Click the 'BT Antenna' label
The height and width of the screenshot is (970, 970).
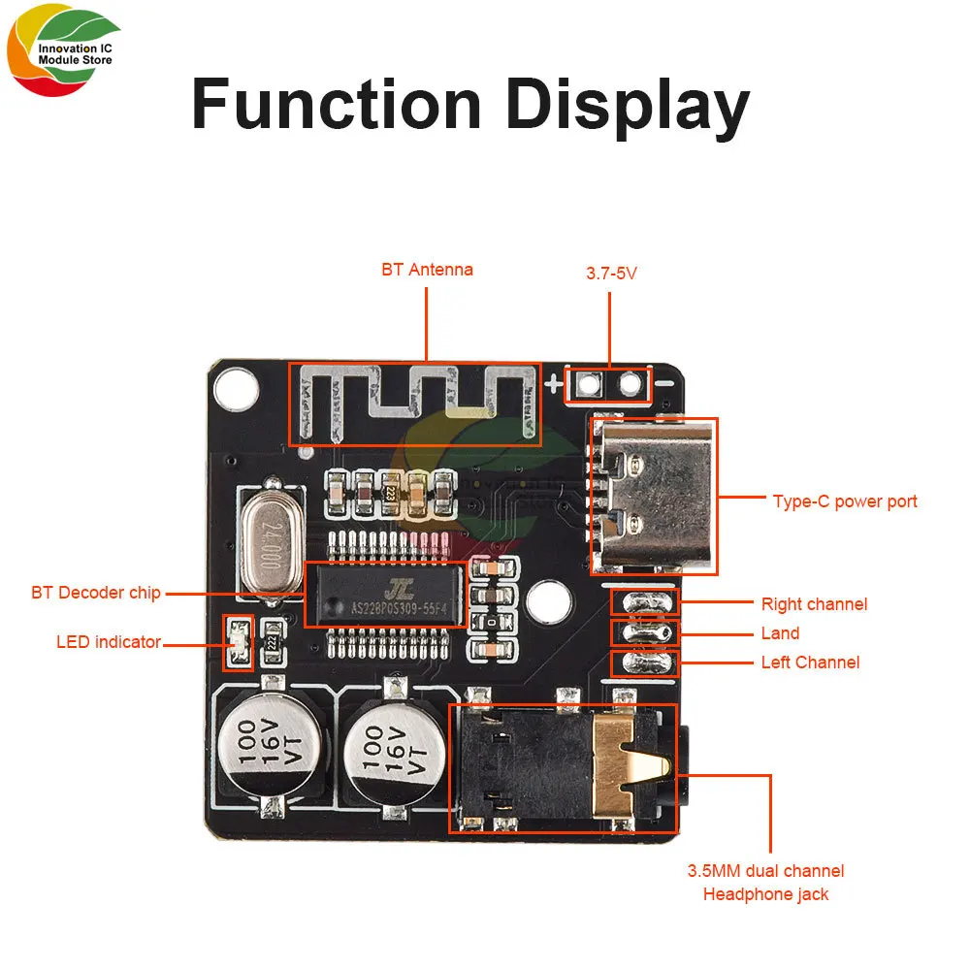(427, 270)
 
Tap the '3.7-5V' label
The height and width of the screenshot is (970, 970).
(611, 274)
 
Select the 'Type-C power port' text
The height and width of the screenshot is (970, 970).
(844, 501)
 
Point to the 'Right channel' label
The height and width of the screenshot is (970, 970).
(814, 604)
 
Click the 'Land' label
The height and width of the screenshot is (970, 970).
(780, 633)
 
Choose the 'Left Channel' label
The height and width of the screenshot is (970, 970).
(810, 663)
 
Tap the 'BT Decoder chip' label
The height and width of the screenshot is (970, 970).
(96, 592)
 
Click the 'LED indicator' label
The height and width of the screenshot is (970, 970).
(109, 641)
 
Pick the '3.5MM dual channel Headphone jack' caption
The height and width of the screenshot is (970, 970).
(765, 883)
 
